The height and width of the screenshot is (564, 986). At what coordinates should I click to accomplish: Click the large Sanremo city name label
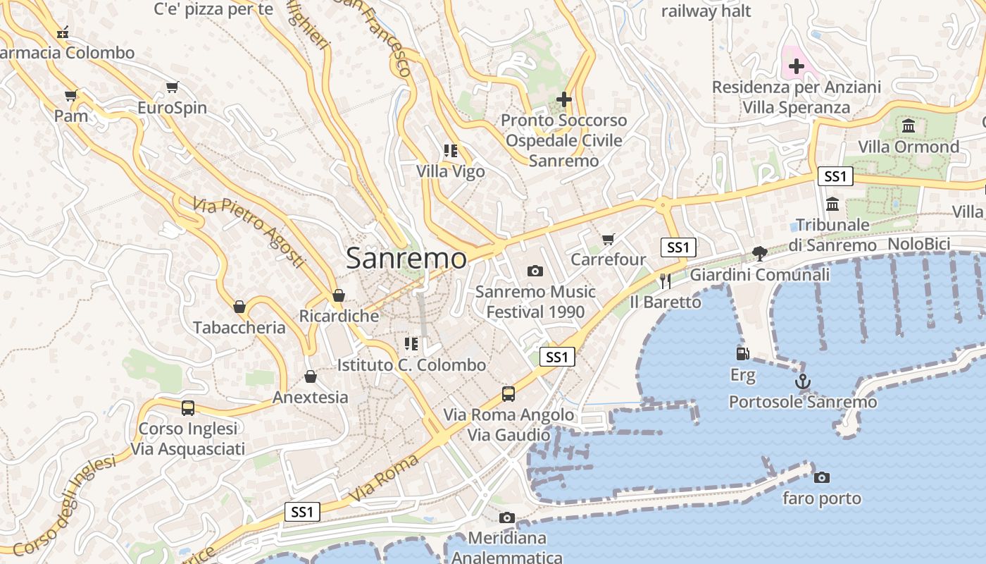pyautogui.click(x=406, y=259)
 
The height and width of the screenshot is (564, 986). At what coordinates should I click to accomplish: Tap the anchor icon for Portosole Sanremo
pyautogui.click(x=802, y=382)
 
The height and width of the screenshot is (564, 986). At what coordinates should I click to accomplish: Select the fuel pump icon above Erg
pyautogui.click(x=742, y=354)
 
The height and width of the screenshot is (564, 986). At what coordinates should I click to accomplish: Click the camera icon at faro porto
pyautogui.click(x=821, y=478)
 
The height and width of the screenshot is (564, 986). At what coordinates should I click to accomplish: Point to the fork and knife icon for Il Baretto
pyautogui.click(x=665, y=281)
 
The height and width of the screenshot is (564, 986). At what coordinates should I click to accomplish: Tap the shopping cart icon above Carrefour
pyautogui.click(x=609, y=239)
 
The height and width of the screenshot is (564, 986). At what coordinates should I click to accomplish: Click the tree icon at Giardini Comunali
pyautogui.click(x=759, y=254)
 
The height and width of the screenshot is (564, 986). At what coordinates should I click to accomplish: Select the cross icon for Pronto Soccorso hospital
pyautogui.click(x=563, y=99)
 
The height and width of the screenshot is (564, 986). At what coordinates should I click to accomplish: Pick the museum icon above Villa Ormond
pyautogui.click(x=909, y=126)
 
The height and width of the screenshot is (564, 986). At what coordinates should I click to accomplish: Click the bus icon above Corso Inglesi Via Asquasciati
pyautogui.click(x=188, y=407)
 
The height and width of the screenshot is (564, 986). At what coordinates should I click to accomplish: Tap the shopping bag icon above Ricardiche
pyautogui.click(x=339, y=295)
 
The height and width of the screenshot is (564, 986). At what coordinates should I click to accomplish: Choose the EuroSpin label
pyautogui.click(x=172, y=108)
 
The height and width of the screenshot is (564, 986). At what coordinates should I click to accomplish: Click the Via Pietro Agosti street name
pyautogui.click(x=249, y=232)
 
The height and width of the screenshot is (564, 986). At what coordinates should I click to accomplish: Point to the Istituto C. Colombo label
pyautogui.click(x=411, y=365)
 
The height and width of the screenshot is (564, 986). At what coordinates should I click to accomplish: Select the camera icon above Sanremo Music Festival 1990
pyautogui.click(x=535, y=271)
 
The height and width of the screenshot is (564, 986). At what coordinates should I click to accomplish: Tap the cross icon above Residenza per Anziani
pyautogui.click(x=797, y=66)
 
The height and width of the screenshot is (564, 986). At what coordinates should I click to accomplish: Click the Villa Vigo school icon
pyautogui.click(x=451, y=150)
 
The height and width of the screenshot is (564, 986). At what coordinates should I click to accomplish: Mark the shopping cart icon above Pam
pyautogui.click(x=70, y=95)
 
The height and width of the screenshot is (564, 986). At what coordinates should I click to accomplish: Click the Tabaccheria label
pyautogui.click(x=239, y=328)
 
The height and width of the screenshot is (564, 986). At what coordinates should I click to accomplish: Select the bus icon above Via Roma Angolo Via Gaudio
pyautogui.click(x=508, y=394)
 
